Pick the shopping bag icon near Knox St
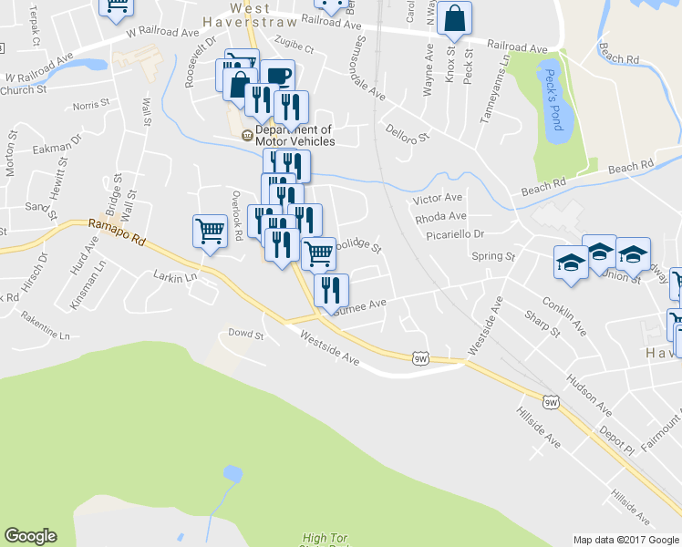454,19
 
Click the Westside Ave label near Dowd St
332,349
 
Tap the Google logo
30,536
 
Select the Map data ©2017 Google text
625,540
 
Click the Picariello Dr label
454,234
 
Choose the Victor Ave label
438,198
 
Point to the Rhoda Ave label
440,217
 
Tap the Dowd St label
245,335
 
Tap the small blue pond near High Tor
232,473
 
